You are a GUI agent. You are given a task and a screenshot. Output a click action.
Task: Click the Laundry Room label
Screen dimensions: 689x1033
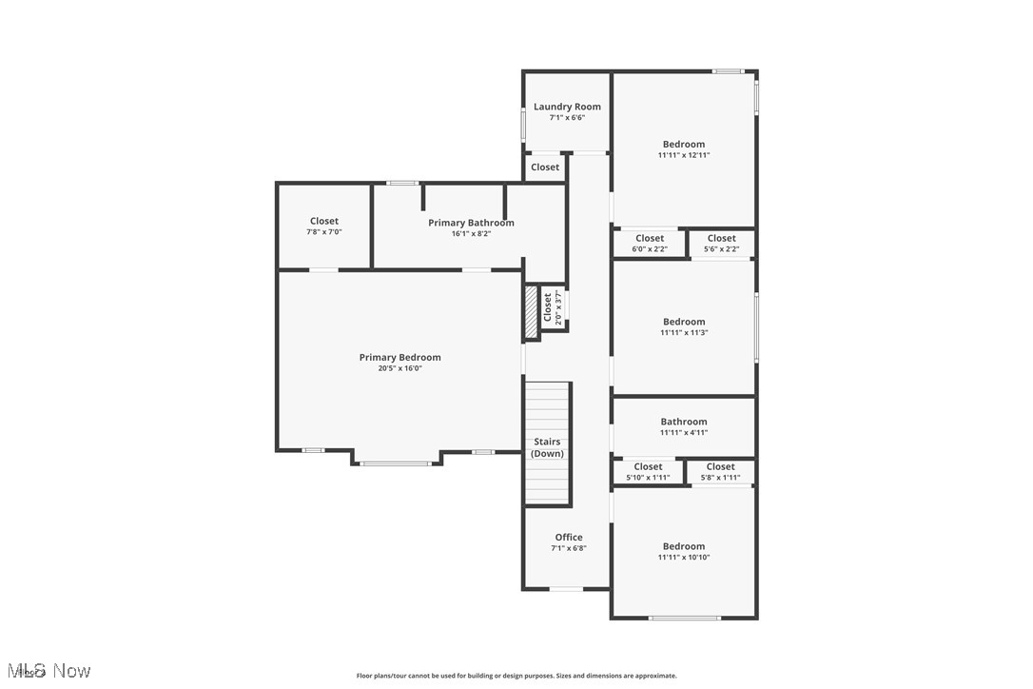[x=567, y=107]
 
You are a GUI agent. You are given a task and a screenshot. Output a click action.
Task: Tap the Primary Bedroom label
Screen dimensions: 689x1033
[x=400, y=358]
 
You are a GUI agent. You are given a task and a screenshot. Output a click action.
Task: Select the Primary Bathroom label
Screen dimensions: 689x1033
[x=471, y=223]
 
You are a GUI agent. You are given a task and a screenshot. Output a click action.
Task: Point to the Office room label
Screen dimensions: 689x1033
[x=569, y=538]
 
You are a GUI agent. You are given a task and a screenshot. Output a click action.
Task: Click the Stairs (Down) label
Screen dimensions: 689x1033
[x=547, y=447]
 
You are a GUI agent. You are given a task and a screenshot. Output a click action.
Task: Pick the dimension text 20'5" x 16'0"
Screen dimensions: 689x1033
[x=400, y=368]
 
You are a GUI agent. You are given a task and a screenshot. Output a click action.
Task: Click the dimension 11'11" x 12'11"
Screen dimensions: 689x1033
[x=684, y=155]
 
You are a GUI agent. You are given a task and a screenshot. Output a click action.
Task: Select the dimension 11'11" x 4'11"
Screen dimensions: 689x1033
[x=684, y=433]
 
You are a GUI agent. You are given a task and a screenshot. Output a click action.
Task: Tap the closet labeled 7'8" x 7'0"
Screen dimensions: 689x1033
[x=324, y=226]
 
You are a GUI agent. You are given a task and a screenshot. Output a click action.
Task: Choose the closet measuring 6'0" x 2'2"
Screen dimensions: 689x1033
[x=650, y=244]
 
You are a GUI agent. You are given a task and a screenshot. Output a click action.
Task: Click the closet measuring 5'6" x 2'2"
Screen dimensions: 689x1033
[x=721, y=244]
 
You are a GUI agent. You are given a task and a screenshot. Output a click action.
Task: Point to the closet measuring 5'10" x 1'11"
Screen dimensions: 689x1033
[x=648, y=472]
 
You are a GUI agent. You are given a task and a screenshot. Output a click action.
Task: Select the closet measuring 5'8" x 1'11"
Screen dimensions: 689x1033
[x=720, y=472]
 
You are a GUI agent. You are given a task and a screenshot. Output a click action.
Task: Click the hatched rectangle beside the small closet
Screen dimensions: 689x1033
[x=531, y=311]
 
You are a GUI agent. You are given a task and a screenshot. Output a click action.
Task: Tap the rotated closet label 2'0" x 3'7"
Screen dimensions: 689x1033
[x=553, y=307]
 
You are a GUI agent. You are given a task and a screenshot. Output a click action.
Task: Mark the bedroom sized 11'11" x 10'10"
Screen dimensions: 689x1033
[x=684, y=552]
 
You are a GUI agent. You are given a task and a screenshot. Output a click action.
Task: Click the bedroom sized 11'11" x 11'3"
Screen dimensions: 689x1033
[x=684, y=327]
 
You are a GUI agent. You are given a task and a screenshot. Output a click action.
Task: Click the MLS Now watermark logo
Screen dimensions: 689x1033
[x=47, y=671]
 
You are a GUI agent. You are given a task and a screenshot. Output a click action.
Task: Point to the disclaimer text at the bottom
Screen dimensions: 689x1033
[x=516, y=676]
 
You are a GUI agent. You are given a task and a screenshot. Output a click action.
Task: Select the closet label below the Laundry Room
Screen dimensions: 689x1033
[x=545, y=167]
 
